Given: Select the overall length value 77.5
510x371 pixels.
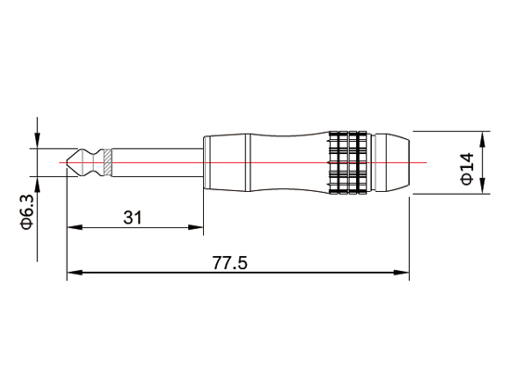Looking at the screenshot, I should pos(230,263).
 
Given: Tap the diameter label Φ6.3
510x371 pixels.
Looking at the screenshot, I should pos(27,211).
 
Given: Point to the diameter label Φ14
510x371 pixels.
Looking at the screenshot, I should pos(466,167).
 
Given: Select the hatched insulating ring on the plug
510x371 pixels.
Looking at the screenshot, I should pos(108,162).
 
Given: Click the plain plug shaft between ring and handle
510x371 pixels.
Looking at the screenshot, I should pos(158,162).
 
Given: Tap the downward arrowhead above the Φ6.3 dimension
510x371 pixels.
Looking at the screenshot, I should pos(37,142).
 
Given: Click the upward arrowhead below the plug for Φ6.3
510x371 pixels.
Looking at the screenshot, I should pos(37,183).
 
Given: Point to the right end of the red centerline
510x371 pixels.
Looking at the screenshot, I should pos(426,162).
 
